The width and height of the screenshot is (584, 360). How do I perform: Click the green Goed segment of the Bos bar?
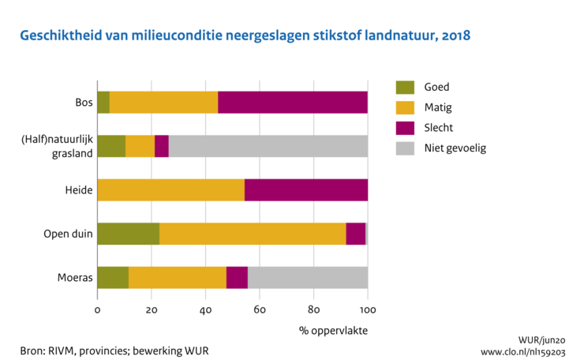click(103, 103)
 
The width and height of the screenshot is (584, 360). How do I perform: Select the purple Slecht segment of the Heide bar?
click(306, 190)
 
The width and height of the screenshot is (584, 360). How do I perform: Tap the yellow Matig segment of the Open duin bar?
click(253, 234)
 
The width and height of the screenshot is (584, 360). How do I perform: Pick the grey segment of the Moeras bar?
click(308, 278)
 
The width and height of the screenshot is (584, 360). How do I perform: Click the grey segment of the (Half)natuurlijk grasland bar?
click(268, 147)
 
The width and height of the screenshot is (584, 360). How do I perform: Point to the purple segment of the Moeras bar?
click(237, 278)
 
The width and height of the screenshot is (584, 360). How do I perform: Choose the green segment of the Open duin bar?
click(128, 234)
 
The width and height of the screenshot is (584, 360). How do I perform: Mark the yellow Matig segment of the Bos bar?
click(163, 103)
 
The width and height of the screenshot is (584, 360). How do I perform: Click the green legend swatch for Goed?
click(404, 88)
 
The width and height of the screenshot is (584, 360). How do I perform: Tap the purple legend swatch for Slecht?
click(404, 127)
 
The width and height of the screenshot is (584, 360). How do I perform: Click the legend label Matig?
click(437, 107)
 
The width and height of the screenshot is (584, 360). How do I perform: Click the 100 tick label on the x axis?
click(368, 310)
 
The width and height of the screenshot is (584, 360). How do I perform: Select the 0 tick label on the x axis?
click(97, 310)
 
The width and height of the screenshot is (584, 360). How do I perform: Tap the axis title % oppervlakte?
click(333, 330)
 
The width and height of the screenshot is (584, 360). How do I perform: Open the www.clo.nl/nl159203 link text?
click(523, 351)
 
